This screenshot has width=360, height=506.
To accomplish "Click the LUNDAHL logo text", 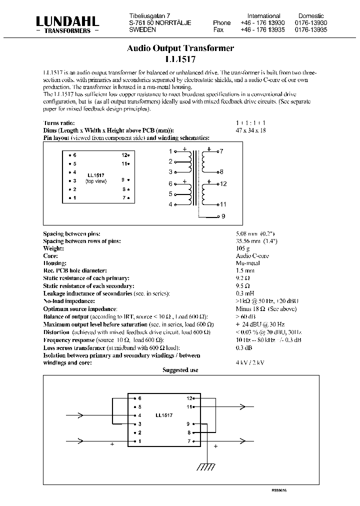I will (x=67, y=21).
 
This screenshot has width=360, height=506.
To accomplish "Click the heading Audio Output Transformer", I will (x=180, y=48).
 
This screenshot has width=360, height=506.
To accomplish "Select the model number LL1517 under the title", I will (x=180, y=58).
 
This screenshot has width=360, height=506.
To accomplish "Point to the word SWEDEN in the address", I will (x=142, y=30).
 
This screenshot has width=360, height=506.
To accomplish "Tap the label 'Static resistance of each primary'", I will (x=86, y=278).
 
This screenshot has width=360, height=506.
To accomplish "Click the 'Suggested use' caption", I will (x=180, y=370).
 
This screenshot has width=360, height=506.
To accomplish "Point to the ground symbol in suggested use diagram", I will (x=205, y=467).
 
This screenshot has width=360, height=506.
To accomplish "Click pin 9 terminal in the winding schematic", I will (x=223, y=216).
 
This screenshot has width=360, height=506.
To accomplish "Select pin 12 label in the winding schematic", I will (x=223, y=184).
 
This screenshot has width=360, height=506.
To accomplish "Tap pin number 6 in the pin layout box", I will (x=74, y=155).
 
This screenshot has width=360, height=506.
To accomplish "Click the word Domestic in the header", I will (x=311, y=16).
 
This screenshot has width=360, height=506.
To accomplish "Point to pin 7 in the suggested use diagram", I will (x=189, y=441).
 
